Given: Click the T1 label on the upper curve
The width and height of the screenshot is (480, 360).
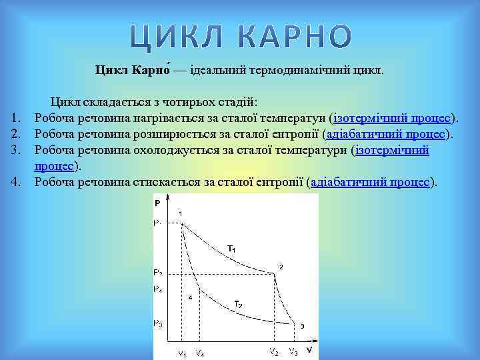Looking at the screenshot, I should [x=231, y=249].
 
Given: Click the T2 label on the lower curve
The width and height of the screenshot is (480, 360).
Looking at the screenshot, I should [x=238, y=305].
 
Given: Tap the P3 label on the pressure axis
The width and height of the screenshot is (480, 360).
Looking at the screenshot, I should [x=157, y=323].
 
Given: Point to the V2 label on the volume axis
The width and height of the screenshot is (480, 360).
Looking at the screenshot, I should [x=273, y=351].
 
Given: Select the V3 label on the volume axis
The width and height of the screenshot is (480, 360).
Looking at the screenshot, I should [x=293, y=351].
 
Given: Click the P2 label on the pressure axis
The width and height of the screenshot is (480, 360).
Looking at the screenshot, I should [x=157, y=273].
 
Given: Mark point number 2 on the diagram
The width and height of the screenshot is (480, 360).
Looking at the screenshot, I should [x=281, y=267].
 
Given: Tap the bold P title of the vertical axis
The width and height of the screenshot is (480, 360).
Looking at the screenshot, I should [x=157, y=202].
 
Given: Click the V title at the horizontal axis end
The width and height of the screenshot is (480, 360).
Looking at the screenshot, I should [x=309, y=349].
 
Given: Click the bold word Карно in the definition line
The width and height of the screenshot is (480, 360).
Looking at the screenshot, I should [x=151, y=69].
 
